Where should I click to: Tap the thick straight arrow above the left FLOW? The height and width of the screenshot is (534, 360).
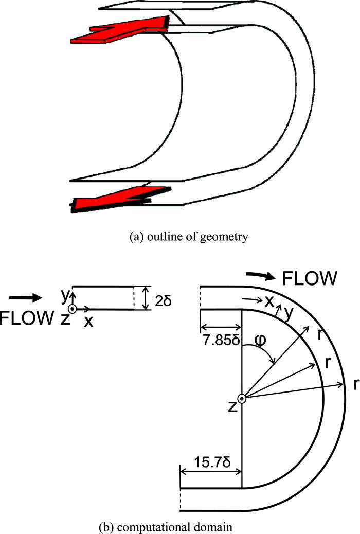click(24, 297)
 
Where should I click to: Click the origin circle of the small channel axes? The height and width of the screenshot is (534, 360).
click(73, 309)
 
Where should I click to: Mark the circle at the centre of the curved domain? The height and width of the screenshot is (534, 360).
click(242, 398)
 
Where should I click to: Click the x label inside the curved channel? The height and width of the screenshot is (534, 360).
click(268, 302)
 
